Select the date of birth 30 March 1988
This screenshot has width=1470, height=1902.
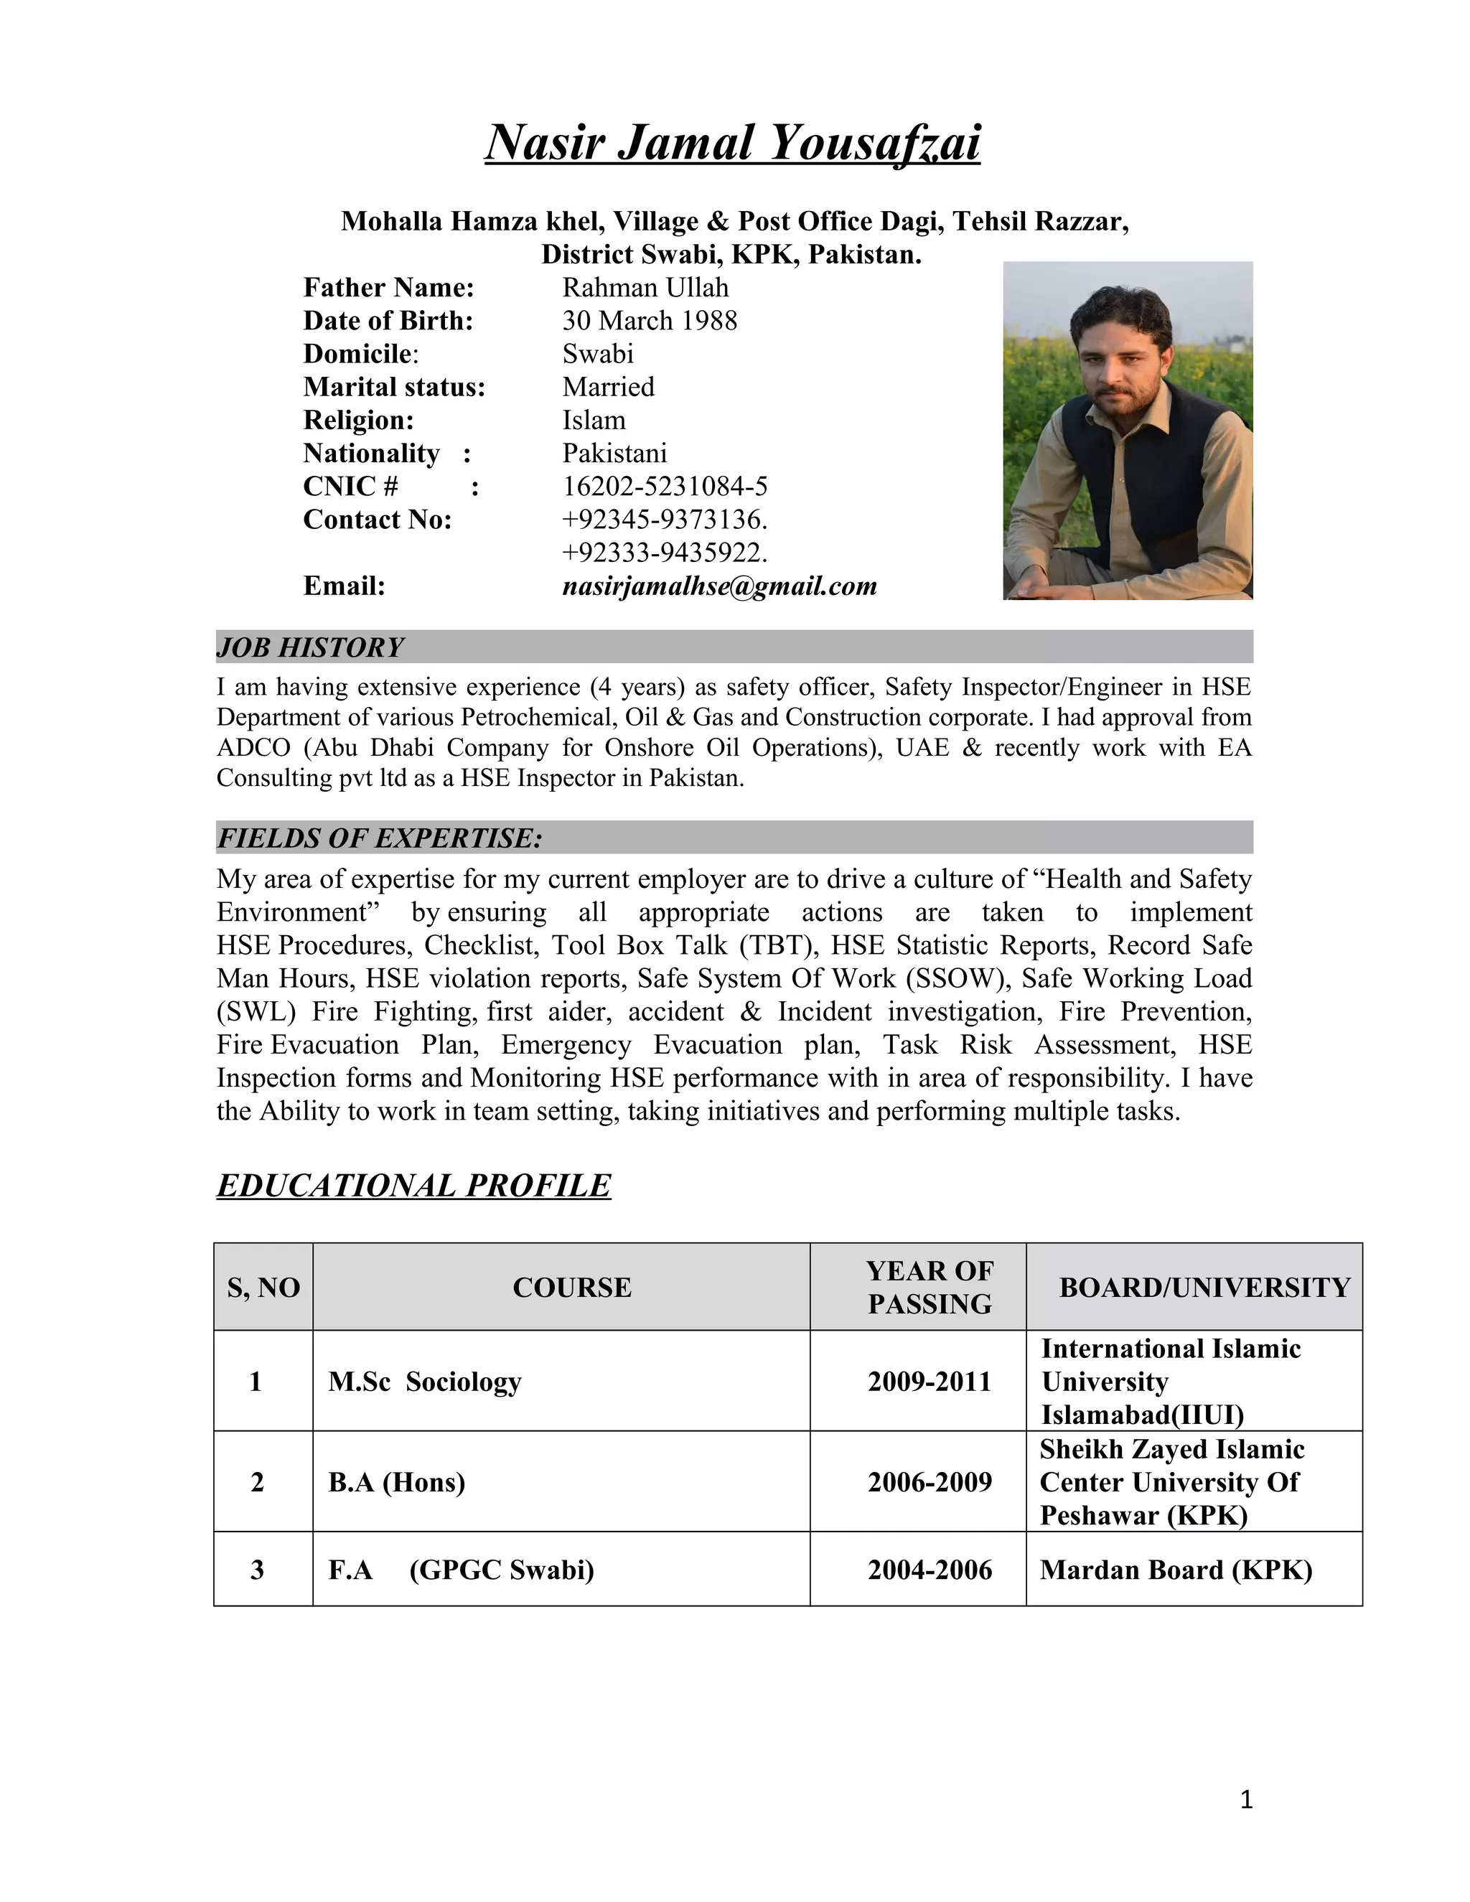(649, 321)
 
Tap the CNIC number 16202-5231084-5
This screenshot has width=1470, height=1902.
(665, 486)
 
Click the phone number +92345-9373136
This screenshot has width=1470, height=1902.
(664, 519)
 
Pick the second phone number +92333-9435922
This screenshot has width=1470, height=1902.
(664, 552)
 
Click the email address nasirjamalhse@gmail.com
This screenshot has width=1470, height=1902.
(719, 586)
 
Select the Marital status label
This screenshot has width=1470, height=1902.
(393, 387)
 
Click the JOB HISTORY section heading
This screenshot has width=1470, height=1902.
(310, 647)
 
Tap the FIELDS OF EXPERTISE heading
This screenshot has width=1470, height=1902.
(379, 838)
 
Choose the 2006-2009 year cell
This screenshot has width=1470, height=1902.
(930, 1481)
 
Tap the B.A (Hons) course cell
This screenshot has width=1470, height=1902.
(396, 1481)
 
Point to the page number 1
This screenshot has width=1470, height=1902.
(1246, 1799)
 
